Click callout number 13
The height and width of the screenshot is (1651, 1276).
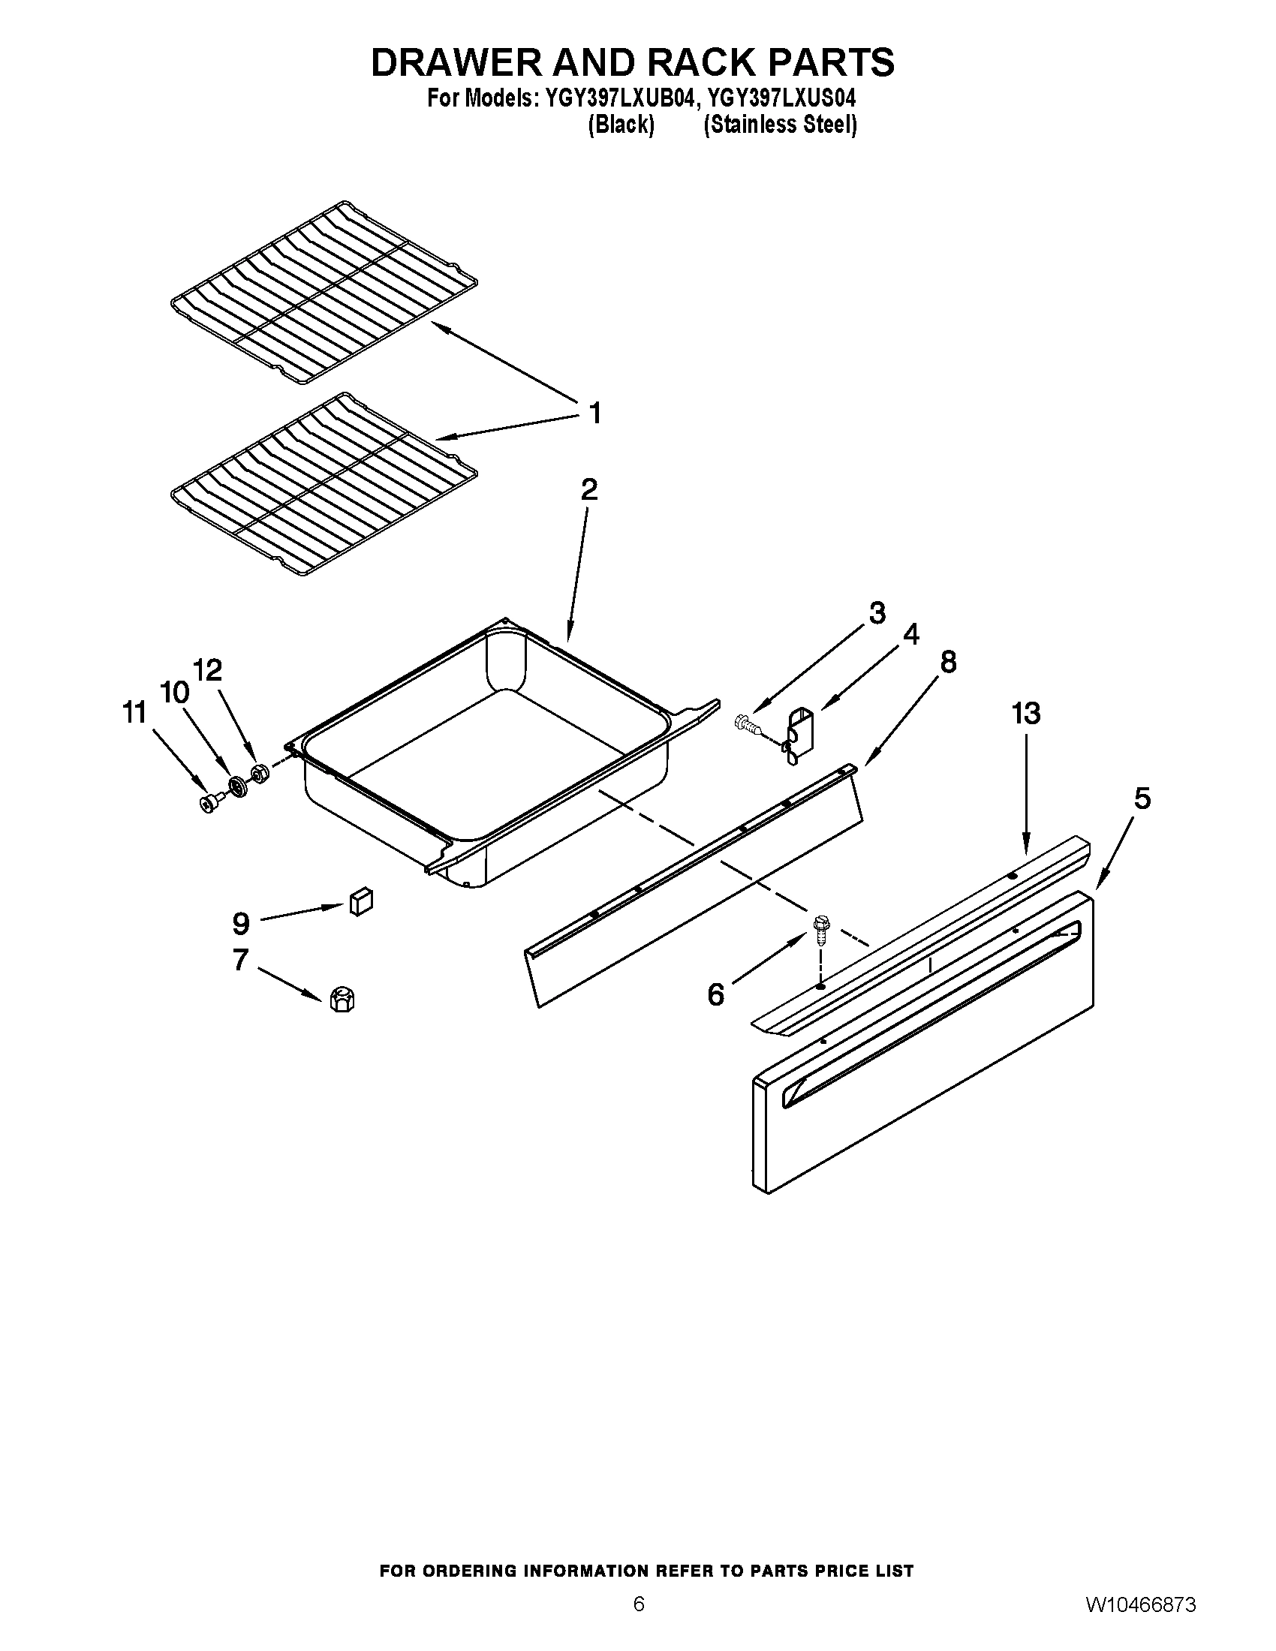[1026, 714]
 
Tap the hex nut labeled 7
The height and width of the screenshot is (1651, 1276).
[342, 1000]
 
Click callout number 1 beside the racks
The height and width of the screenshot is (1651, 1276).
[595, 414]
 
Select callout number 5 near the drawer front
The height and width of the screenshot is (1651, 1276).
[1142, 799]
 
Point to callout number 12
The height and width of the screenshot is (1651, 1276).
[208, 669]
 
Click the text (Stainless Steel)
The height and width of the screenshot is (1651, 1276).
[780, 125]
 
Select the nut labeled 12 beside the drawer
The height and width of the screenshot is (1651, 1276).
[258, 774]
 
